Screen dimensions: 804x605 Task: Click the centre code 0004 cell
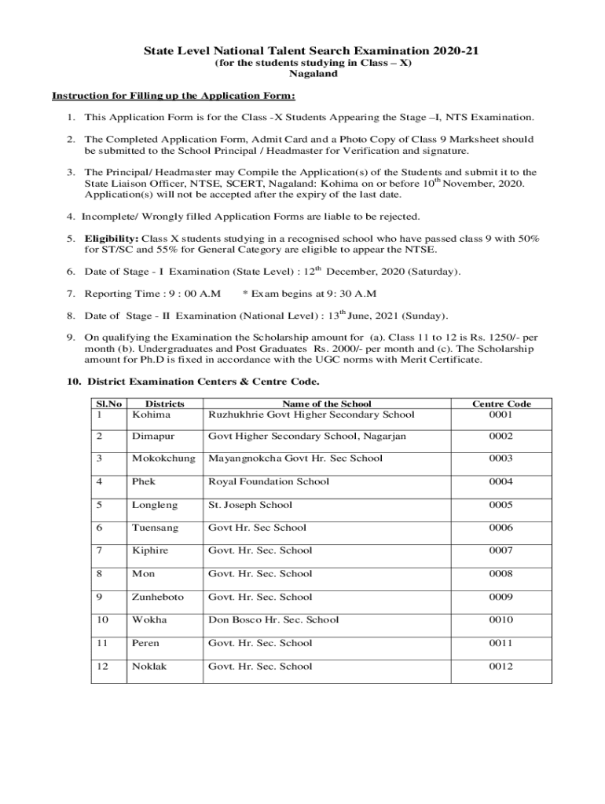[x=500, y=482]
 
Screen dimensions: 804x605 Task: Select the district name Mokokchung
[x=163, y=459]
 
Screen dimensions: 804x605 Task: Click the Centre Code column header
[x=501, y=404]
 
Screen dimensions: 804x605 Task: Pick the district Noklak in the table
[x=150, y=667]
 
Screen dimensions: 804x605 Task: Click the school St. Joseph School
[x=250, y=505]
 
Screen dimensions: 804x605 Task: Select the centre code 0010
[x=500, y=619]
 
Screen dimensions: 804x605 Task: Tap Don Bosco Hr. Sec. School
[x=273, y=619]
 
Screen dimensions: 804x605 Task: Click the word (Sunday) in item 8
[x=424, y=316]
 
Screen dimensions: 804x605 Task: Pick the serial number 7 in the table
[x=99, y=550]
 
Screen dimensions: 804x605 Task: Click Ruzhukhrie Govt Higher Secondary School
[x=310, y=415]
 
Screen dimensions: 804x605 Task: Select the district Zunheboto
[x=158, y=597]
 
